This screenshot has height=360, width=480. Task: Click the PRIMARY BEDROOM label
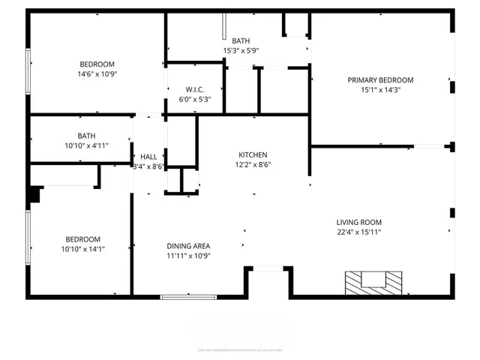click(x=380, y=79)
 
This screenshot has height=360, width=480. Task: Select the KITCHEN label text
click(x=253, y=154)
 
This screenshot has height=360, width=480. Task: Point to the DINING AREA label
click(x=187, y=245)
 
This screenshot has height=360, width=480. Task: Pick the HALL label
click(x=148, y=157)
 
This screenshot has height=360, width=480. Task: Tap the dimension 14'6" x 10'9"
click(x=97, y=73)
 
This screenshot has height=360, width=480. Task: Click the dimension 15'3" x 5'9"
click(x=241, y=50)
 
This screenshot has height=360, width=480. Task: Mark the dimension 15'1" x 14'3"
click(x=380, y=90)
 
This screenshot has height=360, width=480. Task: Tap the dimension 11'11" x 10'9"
click(x=187, y=255)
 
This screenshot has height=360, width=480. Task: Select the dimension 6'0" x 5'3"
click(x=193, y=99)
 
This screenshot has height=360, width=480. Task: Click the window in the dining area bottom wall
click(x=188, y=297)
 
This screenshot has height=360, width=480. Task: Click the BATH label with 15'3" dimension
click(x=241, y=40)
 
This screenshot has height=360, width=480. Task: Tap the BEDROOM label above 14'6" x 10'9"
click(x=97, y=64)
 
